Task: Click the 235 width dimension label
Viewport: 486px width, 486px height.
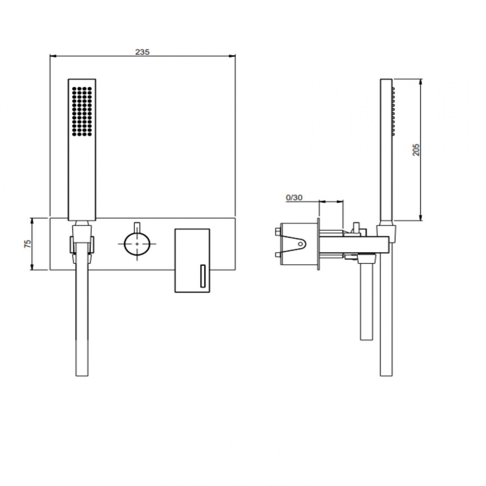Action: (x=142, y=52)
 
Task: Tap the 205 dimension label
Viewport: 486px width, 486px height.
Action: (x=416, y=150)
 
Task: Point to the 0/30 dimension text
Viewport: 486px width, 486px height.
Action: (x=294, y=197)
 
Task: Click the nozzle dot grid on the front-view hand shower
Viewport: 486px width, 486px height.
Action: (x=82, y=111)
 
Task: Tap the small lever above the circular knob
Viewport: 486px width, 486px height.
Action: (x=137, y=227)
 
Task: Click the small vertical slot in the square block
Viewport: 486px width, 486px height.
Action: (x=203, y=276)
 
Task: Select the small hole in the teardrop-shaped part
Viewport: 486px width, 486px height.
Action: (x=300, y=244)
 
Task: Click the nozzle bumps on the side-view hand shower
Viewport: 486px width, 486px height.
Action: (x=393, y=111)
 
